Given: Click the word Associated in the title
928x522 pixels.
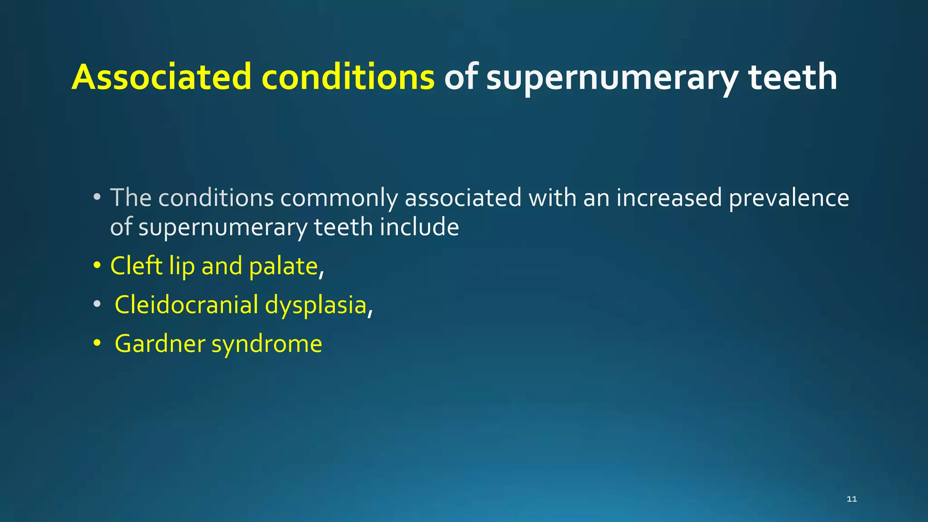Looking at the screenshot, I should click(x=161, y=77).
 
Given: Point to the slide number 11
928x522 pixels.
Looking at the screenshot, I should click(x=851, y=499).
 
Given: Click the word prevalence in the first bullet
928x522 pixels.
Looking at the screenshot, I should click(x=789, y=198).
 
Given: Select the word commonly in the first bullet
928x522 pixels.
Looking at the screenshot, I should click(x=339, y=198).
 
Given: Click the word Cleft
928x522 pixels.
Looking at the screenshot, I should click(x=136, y=266).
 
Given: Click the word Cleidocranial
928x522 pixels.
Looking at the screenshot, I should click(x=186, y=304).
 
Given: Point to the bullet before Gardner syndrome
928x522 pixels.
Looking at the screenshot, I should click(x=97, y=344).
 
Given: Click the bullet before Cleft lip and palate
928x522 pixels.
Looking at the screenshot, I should click(x=97, y=266).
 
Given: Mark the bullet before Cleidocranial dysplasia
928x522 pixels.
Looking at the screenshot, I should click(x=97, y=305).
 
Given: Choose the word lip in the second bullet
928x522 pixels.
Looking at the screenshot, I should click(x=182, y=266).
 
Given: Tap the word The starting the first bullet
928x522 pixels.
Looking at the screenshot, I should click(x=130, y=198).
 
